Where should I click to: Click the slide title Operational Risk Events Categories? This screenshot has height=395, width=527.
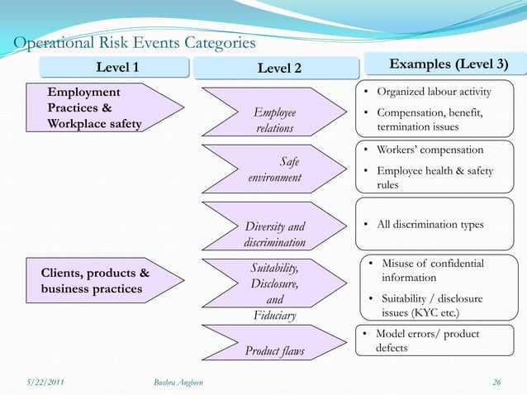(131, 43)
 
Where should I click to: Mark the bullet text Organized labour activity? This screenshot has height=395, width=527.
(434, 91)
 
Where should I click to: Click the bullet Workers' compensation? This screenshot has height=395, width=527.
(430, 150)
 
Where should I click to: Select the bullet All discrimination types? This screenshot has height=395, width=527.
(430, 225)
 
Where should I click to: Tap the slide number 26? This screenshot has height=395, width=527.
(496, 382)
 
